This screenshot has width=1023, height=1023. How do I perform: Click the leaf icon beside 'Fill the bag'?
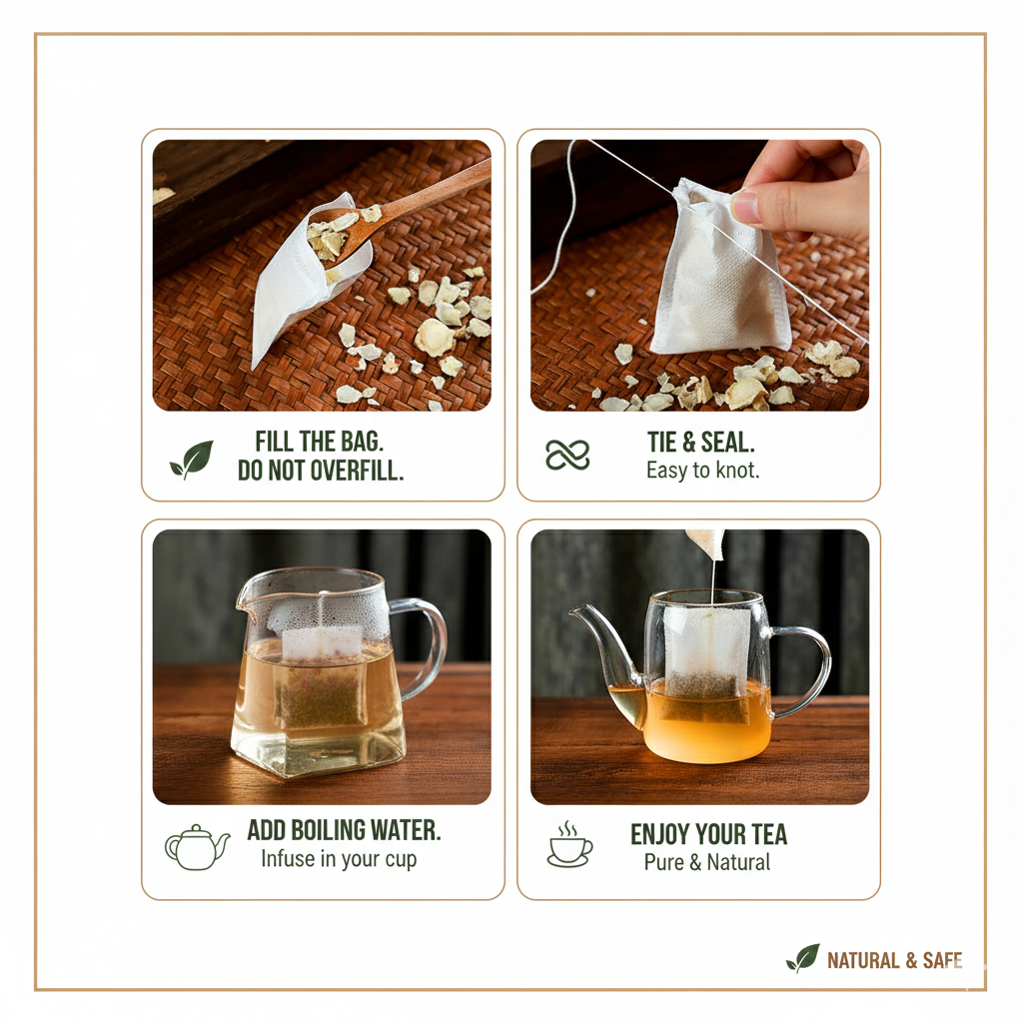(192, 459)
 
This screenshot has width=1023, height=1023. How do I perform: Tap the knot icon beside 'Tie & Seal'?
(567, 455)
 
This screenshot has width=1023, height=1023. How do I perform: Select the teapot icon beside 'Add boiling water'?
(197, 847)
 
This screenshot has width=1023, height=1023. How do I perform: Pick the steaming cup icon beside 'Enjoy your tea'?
(570, 844)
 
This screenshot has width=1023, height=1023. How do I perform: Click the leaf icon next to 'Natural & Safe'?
(802, 958)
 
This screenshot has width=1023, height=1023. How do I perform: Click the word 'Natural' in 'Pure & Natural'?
(738, 862)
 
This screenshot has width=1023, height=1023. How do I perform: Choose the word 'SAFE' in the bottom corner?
(942, 960)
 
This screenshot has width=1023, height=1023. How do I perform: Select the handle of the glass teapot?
(802, 670)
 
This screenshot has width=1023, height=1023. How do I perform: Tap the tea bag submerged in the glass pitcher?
(321, 678)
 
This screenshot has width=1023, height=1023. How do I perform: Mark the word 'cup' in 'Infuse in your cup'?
(401, 860)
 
